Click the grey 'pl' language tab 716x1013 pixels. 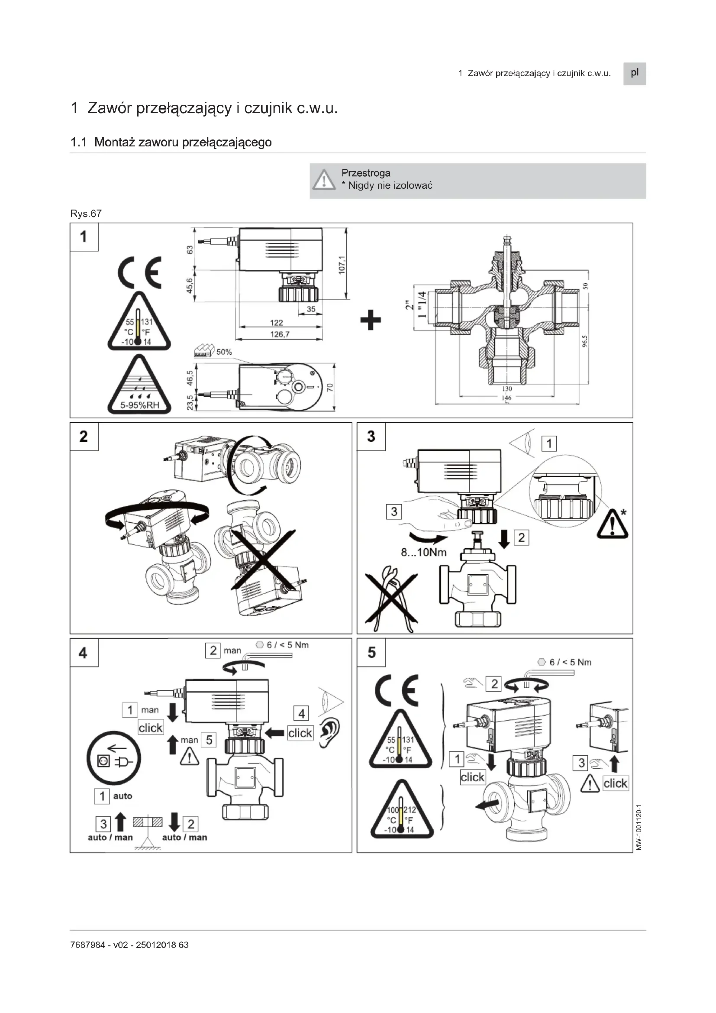[x=634, y=73]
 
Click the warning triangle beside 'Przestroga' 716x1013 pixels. [x=324, y=180]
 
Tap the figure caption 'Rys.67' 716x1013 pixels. [x=86, y=214]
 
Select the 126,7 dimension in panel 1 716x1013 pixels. [x=280, y=334]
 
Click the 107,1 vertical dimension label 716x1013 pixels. [x=342, y=264]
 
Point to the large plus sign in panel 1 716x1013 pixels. [x=371, y=320]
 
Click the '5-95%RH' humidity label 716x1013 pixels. [x=139, y=405]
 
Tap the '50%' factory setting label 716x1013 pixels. [x=223, y=352]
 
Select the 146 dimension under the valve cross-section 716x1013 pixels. [x=506, y=398]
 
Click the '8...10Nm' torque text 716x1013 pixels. [x=423, y=552]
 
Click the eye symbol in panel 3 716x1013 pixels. [x=523, y=443]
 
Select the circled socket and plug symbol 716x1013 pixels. [x=113, y=760]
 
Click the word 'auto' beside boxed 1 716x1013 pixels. [x=123, y=796]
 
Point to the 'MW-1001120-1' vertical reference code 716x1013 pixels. [x=639, y=827]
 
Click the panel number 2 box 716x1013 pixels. [x=84, y=437]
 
